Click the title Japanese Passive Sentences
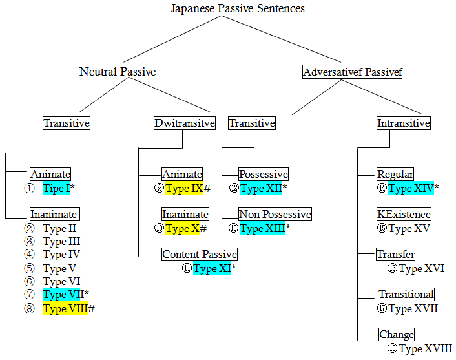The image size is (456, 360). click(238, 8)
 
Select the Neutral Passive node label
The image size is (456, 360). click(118, 72)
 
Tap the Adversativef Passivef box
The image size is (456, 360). click(353, 72)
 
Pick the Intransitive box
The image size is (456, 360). click(404, 123)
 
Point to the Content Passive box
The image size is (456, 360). click(200, 254)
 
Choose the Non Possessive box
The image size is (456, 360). click(275, 214)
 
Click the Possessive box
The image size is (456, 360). click(263, 175)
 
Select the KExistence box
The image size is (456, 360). click(404, 214)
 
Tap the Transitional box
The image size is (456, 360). click(406, 294)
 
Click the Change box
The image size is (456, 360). click(397, 334)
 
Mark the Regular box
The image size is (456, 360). click(395, 175)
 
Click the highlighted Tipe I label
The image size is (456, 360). click(56, 189)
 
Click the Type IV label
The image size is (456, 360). click(61, 255)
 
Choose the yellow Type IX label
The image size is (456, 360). click(183, 189)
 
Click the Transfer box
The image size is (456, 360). click(395, 254)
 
